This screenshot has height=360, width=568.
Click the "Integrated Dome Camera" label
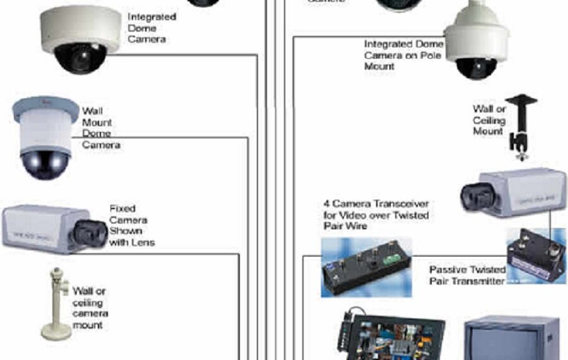click(151, 27)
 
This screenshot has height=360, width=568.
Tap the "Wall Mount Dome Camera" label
click(100, 128)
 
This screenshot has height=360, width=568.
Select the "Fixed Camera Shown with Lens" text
click(132, 225)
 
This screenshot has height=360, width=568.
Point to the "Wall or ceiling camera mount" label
click(90, 308)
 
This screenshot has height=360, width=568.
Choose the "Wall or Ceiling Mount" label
click(489, 120)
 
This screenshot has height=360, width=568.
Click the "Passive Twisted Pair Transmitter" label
click(467, 275)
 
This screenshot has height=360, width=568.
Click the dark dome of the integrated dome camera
click(80, 57)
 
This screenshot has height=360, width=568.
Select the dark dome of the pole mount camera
click(476, 68)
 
